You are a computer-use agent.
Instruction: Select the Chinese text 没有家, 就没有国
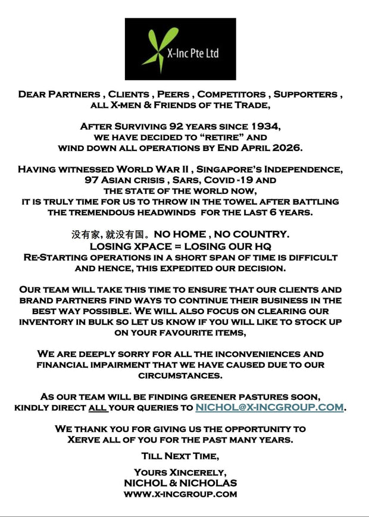click(x=111, y=234)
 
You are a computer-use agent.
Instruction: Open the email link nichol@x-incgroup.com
click(x=270, y=408)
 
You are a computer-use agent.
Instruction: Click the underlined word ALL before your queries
click(x=98, y=408)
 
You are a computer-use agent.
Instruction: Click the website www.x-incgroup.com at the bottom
click(x=180, y=494)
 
